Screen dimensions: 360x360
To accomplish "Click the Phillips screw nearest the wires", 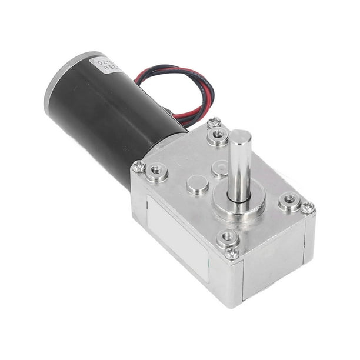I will coord(214,123).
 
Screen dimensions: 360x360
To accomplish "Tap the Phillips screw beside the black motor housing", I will coord(139,166).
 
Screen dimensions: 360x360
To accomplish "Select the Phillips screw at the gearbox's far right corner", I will coord(308,208).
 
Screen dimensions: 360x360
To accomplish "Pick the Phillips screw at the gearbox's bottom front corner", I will coord(232,253).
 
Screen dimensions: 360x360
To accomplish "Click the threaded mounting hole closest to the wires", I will coord(218,136).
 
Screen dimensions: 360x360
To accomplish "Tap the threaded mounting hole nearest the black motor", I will coord(157,172).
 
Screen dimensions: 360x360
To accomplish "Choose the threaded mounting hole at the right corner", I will coord(289,201).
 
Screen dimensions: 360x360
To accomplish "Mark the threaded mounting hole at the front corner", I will coord(228,238).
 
